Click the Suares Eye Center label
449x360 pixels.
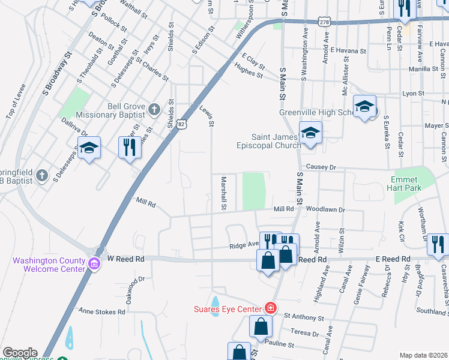(x=228, y=309)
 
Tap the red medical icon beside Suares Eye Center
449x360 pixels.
(x=271, y=308)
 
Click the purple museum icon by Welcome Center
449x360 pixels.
(x=94, y=264)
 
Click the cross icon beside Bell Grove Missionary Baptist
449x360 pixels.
(x=154, y=109)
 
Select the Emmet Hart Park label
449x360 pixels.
(x=415, y=184)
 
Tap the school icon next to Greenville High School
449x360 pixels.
(x=364, y=107)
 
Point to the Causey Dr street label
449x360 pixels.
(x=323, y=167)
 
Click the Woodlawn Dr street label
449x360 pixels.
(x=325, y=209)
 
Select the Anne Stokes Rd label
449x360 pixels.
(x=102, y=311)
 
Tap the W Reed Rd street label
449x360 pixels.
(x=126, y=259)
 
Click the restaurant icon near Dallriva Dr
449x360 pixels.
(x=129, y=148)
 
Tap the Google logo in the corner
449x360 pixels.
(x=19, y=353)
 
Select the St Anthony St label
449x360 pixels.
(x=304, y=316)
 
